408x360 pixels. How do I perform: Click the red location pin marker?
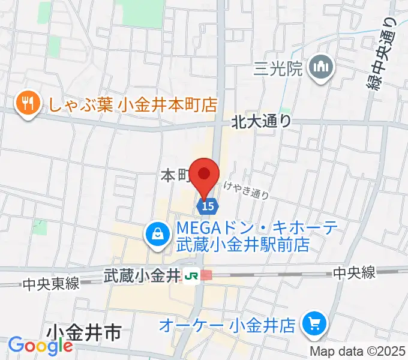coord(204,176)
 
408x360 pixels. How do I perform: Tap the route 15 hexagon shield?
coord(206,206)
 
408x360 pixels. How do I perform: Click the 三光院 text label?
coord(278,69)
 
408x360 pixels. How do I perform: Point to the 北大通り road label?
coord(262,121)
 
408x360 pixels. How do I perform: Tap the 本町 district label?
coord(175,175)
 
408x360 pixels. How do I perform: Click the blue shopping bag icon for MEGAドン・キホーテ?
coord(157,234)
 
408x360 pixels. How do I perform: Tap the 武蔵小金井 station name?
coord(142,276)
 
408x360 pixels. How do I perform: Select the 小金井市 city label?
coord(84,332)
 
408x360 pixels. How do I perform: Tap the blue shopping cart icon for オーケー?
coord(313,325)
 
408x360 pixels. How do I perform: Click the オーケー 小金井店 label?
coord(227,326)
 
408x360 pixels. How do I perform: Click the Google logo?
coord(40,346)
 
